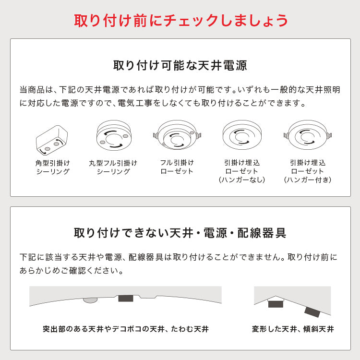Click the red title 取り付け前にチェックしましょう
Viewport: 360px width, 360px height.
click(x=180, y=20)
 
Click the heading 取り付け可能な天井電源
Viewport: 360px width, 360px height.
click(x=180, y=65)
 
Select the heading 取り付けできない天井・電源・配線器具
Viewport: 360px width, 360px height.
click(x=180, y=233)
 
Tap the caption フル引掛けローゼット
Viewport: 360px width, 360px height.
click(x=177, y=167)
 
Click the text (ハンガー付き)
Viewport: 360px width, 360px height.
click(x=308, y=180)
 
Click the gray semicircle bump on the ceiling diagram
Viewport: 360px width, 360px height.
click(x=90, y=300)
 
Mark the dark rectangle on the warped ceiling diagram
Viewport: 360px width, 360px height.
click(x=125, y=298)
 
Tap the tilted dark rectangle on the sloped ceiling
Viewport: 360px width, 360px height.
click(x=312, y=312)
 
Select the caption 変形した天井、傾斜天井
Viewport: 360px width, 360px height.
click(x=293, y=329)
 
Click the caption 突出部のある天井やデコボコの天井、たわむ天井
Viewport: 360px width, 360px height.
click(x=125, y=329)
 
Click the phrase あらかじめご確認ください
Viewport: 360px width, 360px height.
click(x=72, y=271)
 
